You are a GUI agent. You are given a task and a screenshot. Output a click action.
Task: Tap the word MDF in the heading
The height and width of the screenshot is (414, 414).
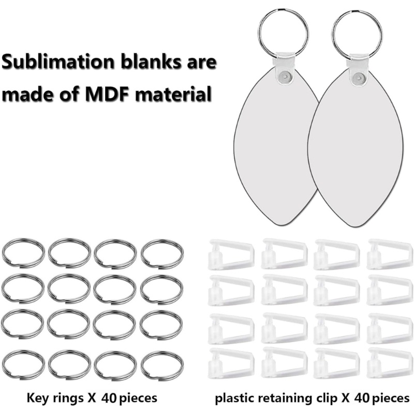(x=107, y=94)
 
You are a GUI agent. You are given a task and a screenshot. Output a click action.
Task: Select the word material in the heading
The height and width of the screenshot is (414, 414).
(x=173, y=94)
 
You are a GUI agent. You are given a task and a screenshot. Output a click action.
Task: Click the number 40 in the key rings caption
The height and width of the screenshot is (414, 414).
(x=109, y=398)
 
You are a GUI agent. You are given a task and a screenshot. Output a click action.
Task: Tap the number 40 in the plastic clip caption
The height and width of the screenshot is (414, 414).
(x=362, y=398)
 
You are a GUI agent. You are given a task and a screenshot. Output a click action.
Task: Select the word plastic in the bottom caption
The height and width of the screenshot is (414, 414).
(x=234, y=398)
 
